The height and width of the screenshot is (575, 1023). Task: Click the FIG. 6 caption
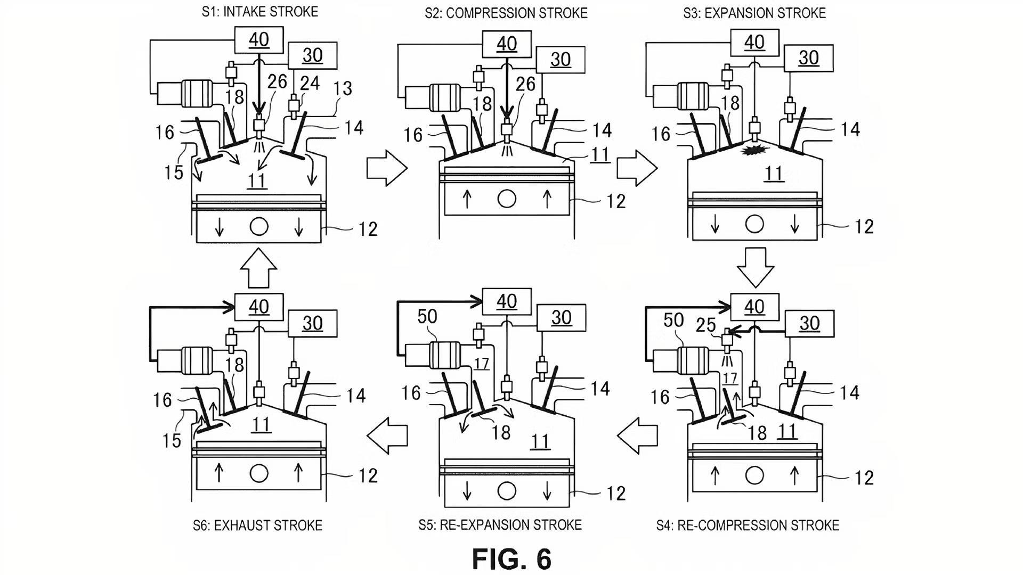point(512,558)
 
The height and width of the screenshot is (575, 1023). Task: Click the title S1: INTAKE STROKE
point(260,12)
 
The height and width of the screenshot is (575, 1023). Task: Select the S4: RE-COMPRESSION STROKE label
point(748,526)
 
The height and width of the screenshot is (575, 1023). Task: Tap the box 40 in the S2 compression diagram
point(507,43)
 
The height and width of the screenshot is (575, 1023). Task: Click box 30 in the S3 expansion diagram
point(808,57)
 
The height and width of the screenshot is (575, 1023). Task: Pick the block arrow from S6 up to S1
point(258,268)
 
